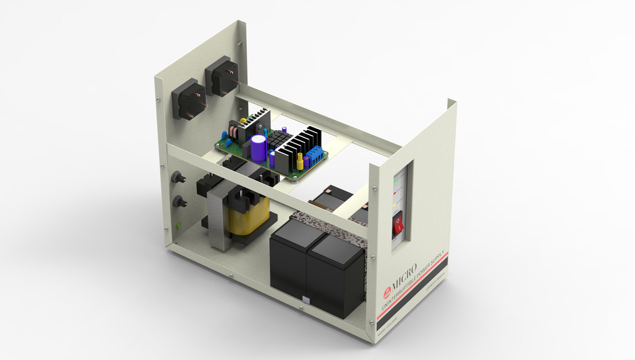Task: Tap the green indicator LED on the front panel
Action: pos(396,179)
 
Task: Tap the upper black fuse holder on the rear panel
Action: pos(178,179)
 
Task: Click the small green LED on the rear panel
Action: pos(180,224)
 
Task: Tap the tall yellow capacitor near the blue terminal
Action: pos(300,161)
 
